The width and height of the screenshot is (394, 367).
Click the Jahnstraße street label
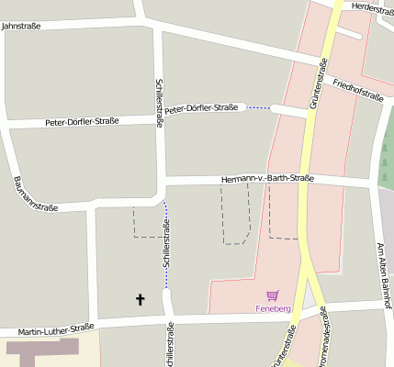tap(21, 27)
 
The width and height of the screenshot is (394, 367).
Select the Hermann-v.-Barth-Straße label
tap(268, 179)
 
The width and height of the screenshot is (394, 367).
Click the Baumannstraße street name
tap(36, 195)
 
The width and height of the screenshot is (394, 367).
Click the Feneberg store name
tap(273, 309)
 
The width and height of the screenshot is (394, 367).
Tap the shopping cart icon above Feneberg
tap(272, 295)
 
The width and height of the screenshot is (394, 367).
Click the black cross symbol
tap(141, 299)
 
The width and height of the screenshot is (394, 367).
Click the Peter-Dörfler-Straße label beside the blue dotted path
tap(201, 108)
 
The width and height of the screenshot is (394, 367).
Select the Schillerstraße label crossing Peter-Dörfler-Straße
tap(160, 103)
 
